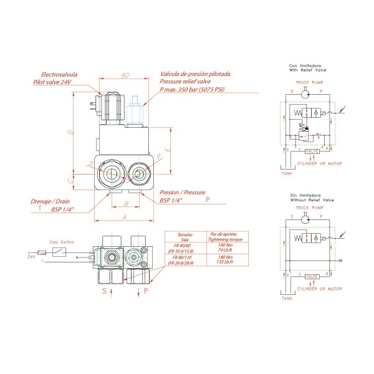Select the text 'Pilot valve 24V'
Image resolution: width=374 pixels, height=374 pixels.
coord(53,82)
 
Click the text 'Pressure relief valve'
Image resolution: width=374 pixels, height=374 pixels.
coord(186,82)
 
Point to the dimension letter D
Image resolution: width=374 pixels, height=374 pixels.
coord(70,133)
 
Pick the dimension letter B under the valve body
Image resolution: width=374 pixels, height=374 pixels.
coord(126,203)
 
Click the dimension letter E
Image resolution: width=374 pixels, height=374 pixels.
coord(160,152)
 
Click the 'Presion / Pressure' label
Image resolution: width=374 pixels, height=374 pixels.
coord(182,193)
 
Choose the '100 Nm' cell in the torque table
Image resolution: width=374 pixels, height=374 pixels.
coord(225,244)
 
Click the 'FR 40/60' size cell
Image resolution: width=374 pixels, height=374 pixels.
coord(180,244)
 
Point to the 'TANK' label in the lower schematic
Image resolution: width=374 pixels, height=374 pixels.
coord(286,298)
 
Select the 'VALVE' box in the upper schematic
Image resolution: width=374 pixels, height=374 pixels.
coord(312,151)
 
